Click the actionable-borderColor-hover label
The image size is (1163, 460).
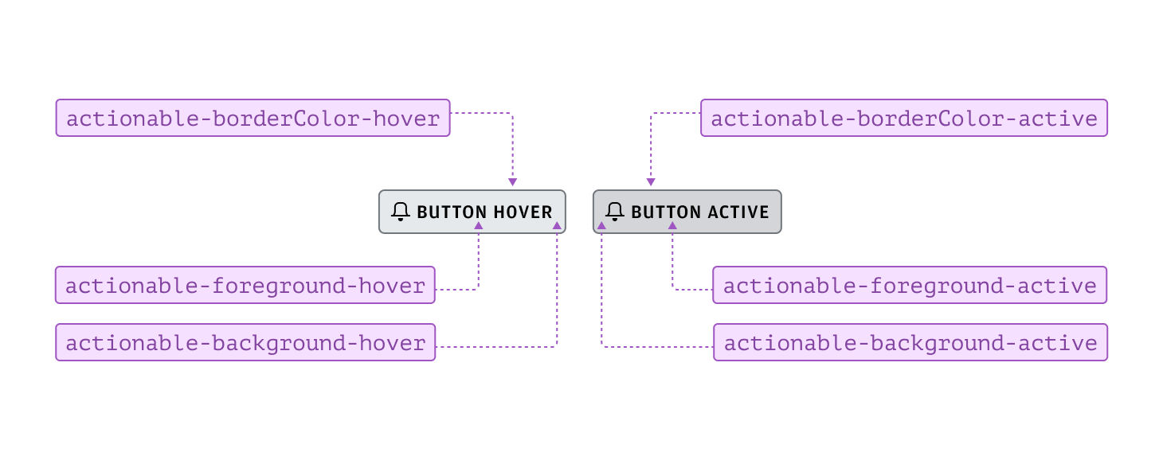[253, 119]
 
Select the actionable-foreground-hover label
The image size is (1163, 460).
[245, 286]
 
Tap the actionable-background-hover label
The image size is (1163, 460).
[245, 343]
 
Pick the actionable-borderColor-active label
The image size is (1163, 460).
[904, 119]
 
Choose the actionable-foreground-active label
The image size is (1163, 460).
[910, 286]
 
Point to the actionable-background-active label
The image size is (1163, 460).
[910, 343]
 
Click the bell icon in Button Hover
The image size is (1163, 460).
[401, 212]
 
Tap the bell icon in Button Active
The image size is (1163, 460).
[614, 212]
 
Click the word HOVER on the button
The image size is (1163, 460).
[523, 212]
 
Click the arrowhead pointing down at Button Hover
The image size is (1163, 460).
[512, 183]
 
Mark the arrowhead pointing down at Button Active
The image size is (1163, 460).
[651, 183]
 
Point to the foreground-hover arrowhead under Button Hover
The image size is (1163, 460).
[478, 226]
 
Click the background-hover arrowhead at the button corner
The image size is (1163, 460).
[557, 226]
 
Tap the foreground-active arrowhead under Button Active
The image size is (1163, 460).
[672, 226]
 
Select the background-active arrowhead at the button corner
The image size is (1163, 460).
[602, 226]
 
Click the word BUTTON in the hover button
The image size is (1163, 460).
[452, 212]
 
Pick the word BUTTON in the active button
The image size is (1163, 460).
[666, 212]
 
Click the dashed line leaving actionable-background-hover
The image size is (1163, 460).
[494, 347]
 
